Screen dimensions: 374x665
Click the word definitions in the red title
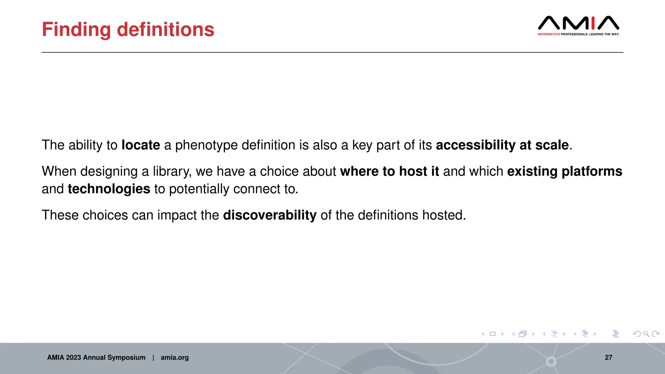click(x=165, y=30)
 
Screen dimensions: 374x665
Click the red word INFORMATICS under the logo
click(x=548, y=34)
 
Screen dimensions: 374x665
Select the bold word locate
click(x=141, y=145)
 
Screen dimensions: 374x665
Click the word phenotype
click(x=206, y=145)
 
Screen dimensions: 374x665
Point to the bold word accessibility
click(x=475, y=145)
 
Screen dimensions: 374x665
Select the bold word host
click(x=413, y=171)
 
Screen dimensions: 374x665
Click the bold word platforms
click(x=592, y=171)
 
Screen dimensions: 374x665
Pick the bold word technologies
click(x=109, y=189)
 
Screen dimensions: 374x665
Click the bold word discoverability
click(x=270, y=215)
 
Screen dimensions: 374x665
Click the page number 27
click(x=608, y=357)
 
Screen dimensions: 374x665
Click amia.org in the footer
click(x=174, y=357)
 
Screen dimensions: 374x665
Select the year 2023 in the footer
click(x=73, y=357)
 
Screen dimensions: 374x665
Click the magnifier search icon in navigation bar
click(x=646, y=334)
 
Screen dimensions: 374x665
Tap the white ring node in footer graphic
click(x=551, y=361)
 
